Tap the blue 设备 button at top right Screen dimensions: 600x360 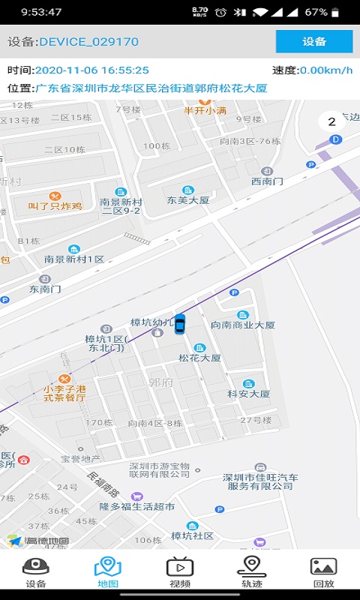(313, 42)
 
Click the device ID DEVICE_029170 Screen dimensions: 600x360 (88, 42)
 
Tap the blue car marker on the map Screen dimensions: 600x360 (180, 323)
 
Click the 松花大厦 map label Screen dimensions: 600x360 (199, 358)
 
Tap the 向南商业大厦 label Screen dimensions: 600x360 (242, 325)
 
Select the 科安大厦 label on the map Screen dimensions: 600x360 (248, 393)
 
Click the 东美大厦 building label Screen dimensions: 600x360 (187, 200)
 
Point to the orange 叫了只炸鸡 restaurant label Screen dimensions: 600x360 (55, 205)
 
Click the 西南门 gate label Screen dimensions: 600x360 (267, 181)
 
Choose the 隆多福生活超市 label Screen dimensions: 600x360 (137, 506)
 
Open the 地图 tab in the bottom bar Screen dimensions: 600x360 (107, 572)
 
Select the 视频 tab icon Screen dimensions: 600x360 (180, 572)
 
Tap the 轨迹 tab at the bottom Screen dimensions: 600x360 (252, 572)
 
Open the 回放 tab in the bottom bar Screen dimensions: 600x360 (323, 572)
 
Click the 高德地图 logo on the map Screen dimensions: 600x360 (39, 540)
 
